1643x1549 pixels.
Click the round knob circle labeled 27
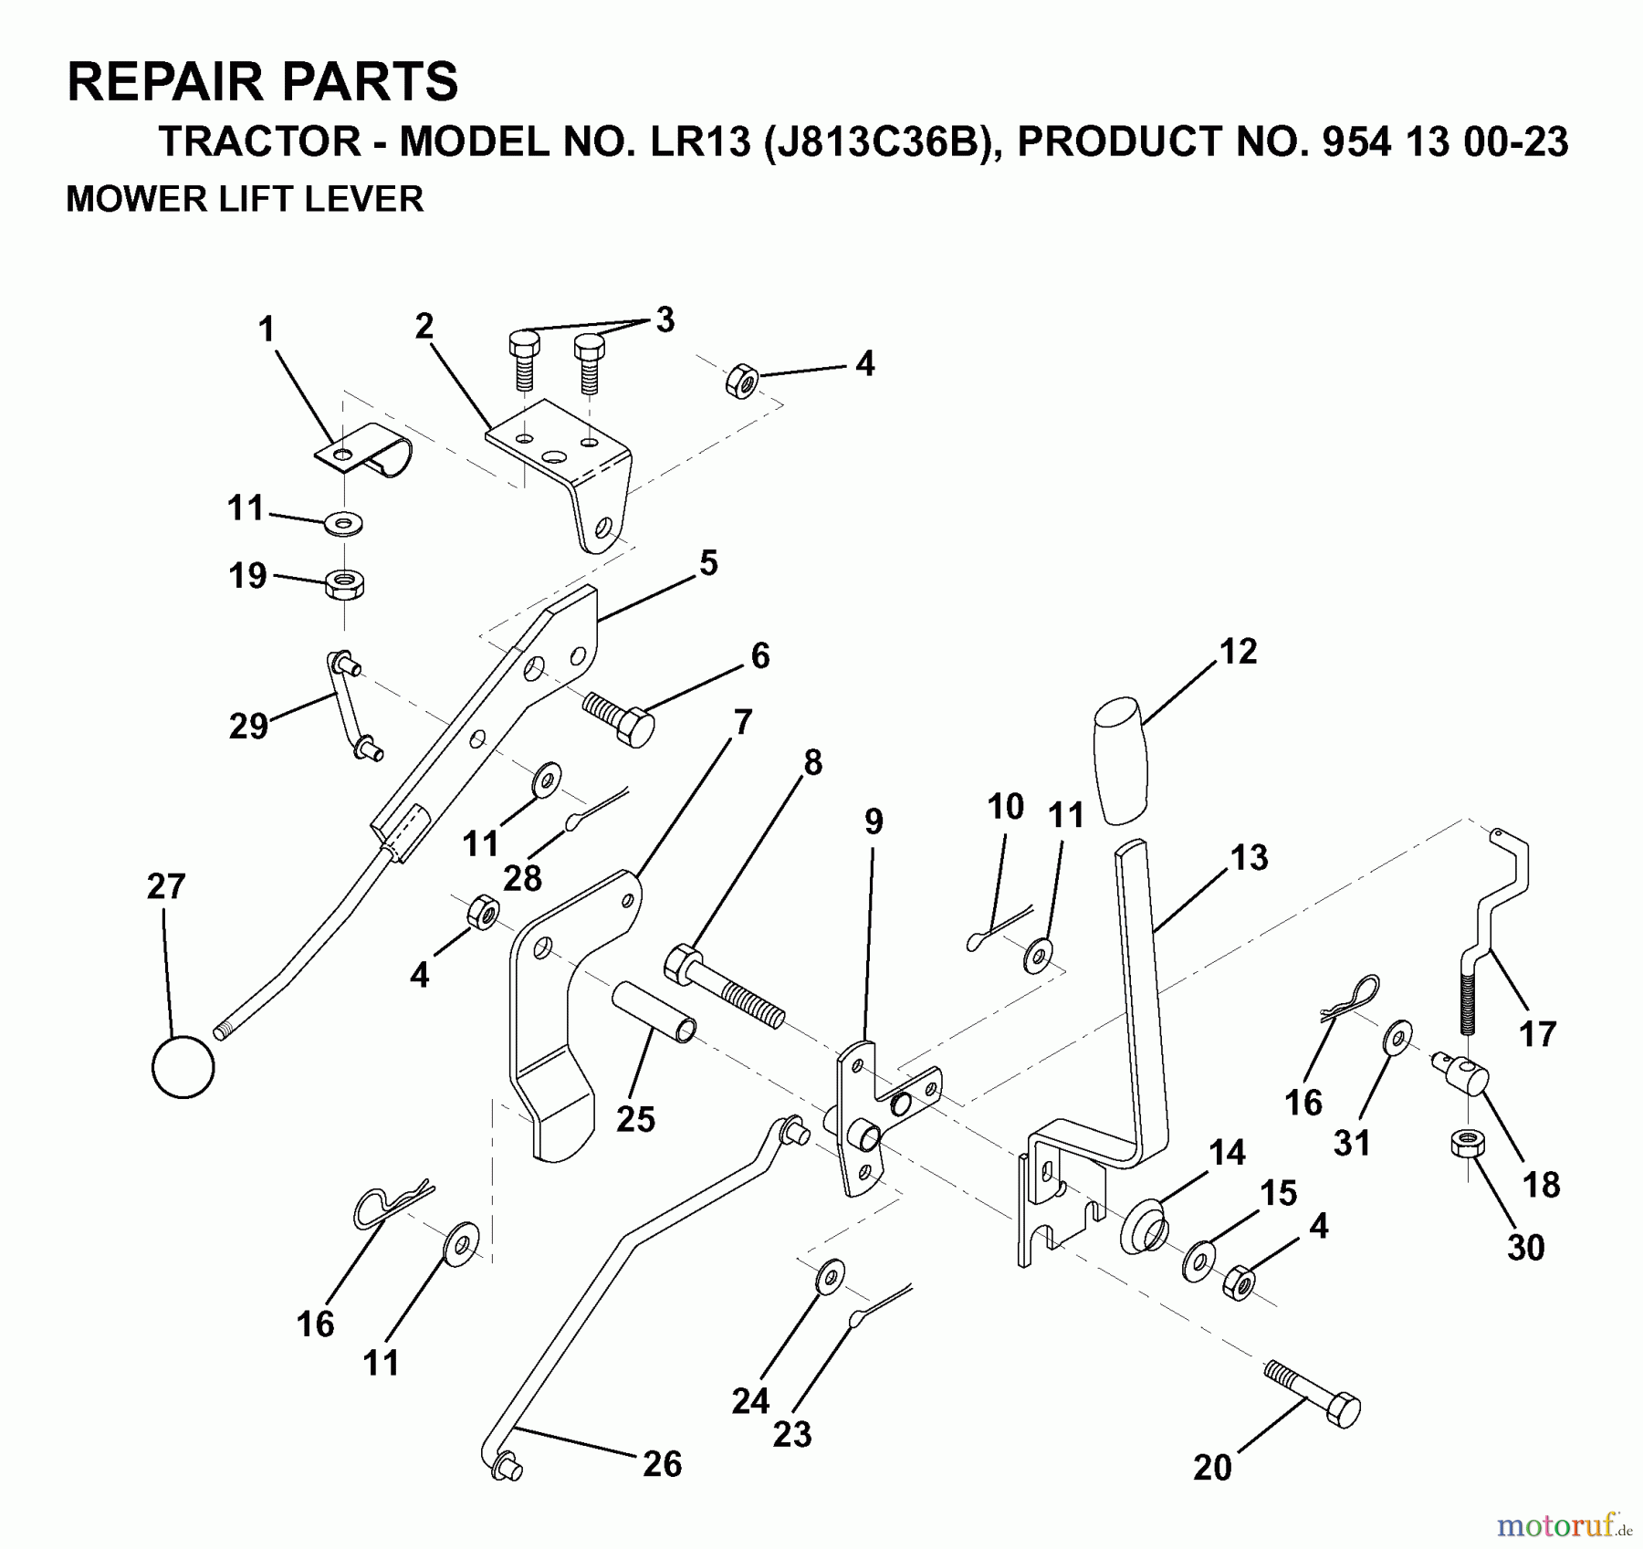pyautogui.click(x=183, y=1066)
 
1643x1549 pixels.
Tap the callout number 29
pyautogui.click(x=248, y=727)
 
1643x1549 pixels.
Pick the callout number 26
pyautogui.click(x=662, y=1464)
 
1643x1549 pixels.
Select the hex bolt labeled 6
pyautogui.click(x=620, y=717)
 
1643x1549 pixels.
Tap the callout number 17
pyautogui.click(x=1537, y=1034)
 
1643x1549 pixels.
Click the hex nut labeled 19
pyautogui.click(x=344, y=582)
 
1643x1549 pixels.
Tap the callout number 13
pyautogui.click(x=1249, y=858)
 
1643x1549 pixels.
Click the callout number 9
pyautogui.click(x=874, y=822)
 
